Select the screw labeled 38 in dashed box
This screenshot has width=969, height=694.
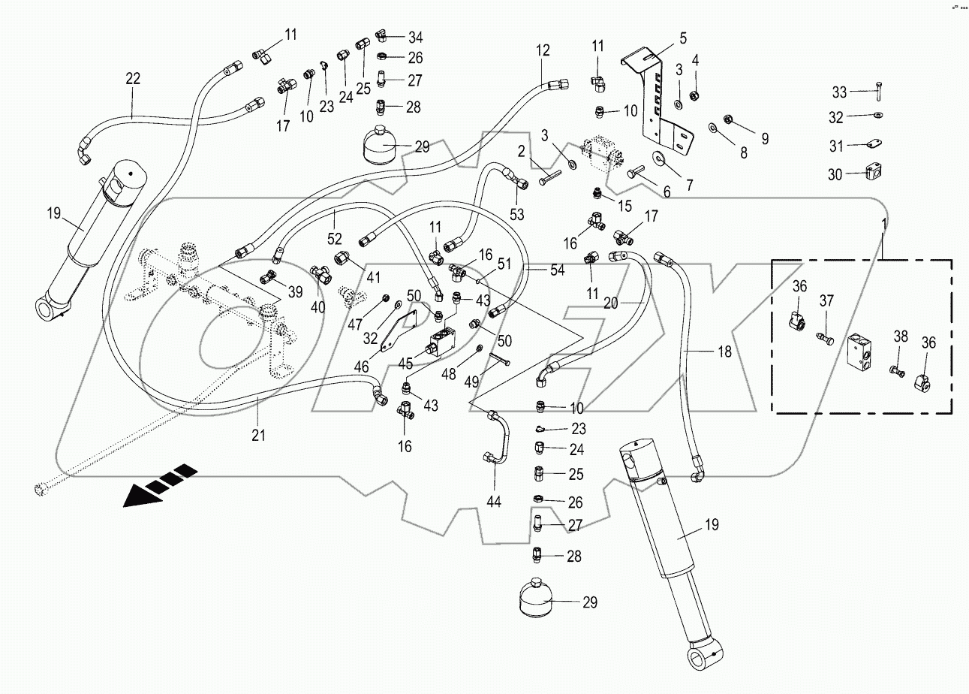[895, 370]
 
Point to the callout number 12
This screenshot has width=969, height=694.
[543, 51]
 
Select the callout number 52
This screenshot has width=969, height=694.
[335, 239]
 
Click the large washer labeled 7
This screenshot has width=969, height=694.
[661, 158]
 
